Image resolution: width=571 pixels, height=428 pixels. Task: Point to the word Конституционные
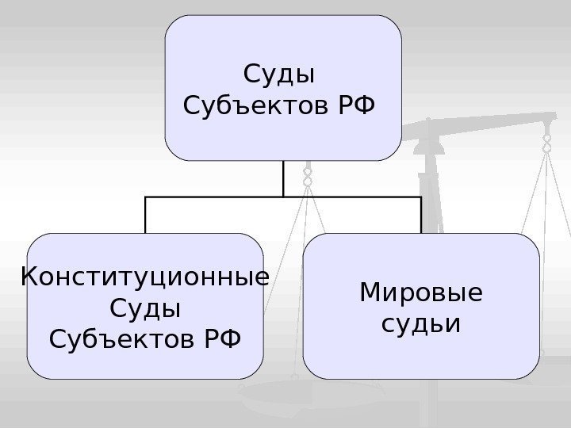pyautogui.click(x=145, y=279)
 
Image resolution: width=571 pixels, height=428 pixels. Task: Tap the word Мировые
pyautogui.click(x=420, y=294)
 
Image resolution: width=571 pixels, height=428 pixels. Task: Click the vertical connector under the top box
pyautogui.click(x=283, y=178)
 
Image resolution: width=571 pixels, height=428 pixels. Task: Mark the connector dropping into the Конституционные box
pyautogui.click(x=146, y=215)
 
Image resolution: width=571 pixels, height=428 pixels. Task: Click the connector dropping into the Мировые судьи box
pyautogui.click(x=420, y=215)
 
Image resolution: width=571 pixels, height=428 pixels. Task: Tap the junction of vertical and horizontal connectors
pyautogui.click(x=283, y=197)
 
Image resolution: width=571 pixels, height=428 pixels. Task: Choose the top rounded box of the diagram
pyautogui.click(x=283, y=87)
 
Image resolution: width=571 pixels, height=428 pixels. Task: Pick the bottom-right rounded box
pyautogui.click(x=420, y=305)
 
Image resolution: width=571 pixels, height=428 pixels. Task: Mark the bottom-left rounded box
pyautogui.click(x=145, y=305)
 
